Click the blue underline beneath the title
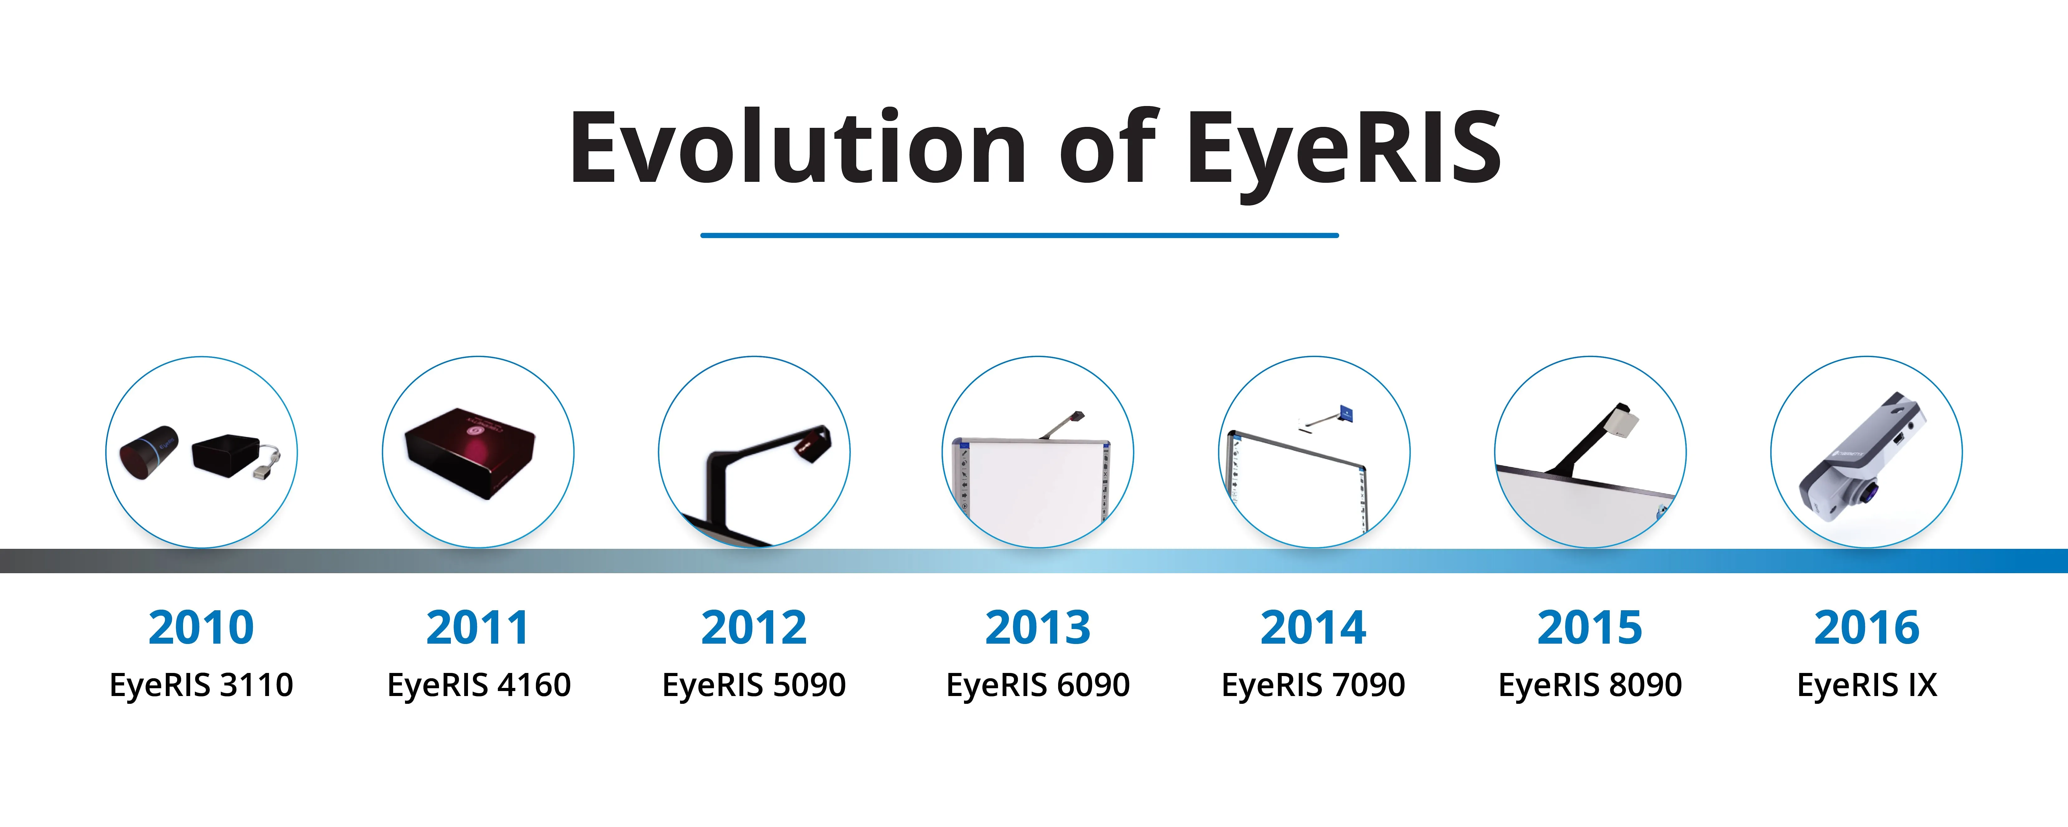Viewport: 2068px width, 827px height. [x=1020, y=235]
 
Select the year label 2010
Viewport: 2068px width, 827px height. [x=201, y=627]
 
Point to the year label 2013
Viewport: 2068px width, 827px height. [x=1037, y=627]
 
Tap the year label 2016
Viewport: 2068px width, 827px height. [x=1867, y=627]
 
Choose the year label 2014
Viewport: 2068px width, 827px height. [x=1314, y=627]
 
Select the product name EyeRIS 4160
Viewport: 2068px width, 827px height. [x=479, y=685]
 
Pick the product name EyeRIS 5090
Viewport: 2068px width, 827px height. [x=754, y=685]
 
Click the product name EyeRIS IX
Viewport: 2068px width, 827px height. [x=1867, y=685]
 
